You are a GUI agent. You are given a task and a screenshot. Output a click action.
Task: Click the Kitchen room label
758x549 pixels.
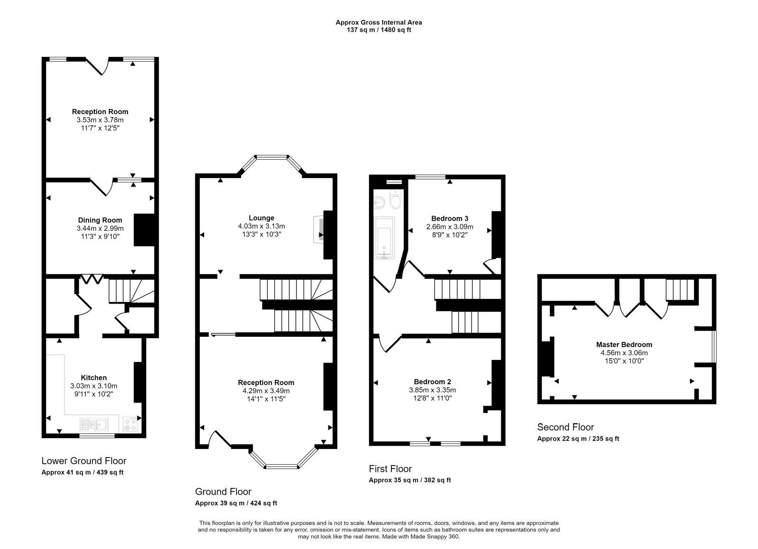pos(94,378)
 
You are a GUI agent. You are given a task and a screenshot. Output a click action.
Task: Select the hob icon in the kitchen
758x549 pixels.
pos(130,424)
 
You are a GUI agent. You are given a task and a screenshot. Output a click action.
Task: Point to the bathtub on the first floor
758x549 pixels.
pos(384,238)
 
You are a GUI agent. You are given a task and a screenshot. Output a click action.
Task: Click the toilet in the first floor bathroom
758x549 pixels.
pos(395,199)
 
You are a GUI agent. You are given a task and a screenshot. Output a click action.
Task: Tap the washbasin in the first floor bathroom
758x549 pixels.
pos(379,202)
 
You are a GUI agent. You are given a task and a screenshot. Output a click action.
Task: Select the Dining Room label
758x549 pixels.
pos(100,220)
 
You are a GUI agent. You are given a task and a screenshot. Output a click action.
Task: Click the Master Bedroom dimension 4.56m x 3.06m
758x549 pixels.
pos(624,353)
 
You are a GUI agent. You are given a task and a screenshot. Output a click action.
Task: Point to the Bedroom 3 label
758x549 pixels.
pos(450,218)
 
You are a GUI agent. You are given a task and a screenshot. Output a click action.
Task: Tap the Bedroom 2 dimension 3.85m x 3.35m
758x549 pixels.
pos(433,390)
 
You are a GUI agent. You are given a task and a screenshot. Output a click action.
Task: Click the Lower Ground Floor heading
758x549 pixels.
pos(84,461)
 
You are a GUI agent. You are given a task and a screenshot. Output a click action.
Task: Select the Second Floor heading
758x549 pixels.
pos(566,427)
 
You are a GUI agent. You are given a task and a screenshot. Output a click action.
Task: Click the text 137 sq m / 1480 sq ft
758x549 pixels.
pos(379,30)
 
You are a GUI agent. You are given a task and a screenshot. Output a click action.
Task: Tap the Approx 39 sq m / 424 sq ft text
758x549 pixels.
pos(236,503)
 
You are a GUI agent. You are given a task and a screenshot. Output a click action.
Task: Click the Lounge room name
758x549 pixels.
pos(261,218)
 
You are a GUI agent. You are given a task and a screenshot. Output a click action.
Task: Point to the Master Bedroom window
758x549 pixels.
pos(714,346)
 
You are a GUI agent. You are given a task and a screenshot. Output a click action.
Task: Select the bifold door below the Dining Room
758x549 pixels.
pos(92,279)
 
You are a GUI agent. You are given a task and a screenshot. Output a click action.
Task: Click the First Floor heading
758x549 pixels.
pos(390,468)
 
